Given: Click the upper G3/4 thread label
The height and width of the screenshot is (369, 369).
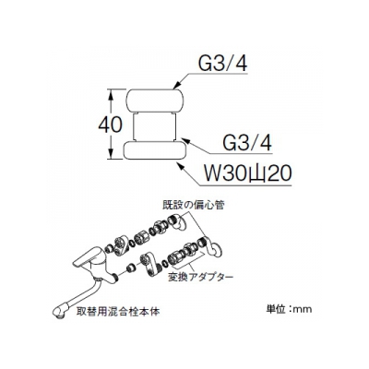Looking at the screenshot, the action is pyautogui.click(x=223, y=64).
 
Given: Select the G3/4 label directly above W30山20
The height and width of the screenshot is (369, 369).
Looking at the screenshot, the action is pyautogui.click(x=247, y=142).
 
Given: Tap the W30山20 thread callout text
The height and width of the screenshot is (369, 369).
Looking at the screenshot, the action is pyautogui.click(x=244, y=174).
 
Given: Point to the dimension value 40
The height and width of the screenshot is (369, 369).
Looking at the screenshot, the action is pyautogui.click(x=110, y=125).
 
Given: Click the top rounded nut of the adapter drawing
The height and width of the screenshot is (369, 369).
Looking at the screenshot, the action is pyautogui.click(x=155, y=101).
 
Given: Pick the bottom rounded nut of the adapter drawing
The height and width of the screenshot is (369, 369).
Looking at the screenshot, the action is pyautogui.click(x=155, y=150).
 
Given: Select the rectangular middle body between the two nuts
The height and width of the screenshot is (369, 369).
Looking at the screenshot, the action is pyautogui.click(x=155, y=126).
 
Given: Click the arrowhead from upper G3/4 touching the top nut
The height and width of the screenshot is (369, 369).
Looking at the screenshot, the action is pyautogui.click(x=177, y=86).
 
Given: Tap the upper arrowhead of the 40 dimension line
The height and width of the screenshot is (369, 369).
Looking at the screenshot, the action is pyautogui.click(x=111, y=93).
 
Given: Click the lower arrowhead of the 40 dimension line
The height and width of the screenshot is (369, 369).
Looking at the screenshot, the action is pyautogui.click(x=111, y=155).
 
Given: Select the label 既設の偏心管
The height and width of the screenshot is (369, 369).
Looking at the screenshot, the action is pyautogui.click(x=194, y=205).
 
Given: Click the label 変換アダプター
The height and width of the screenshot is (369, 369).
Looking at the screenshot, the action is pyautogui.click(x=200, y=277).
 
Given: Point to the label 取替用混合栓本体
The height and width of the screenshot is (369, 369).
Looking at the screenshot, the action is pyautogui.click(x=118, y=313).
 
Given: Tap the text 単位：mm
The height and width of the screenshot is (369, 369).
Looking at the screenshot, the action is pyautogui.click(x=289, y=309).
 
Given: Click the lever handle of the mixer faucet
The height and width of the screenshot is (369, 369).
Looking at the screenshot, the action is pyautogui.click(x=85, y=257).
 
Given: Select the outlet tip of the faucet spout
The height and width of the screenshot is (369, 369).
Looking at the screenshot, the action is pyautogui.click(x=58, y=311).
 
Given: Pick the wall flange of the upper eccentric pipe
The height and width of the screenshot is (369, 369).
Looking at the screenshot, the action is pyautogui.click(x=181, y=223).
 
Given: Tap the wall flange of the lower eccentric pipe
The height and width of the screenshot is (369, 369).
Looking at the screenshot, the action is pyautogui.click(x=217, y=248).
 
